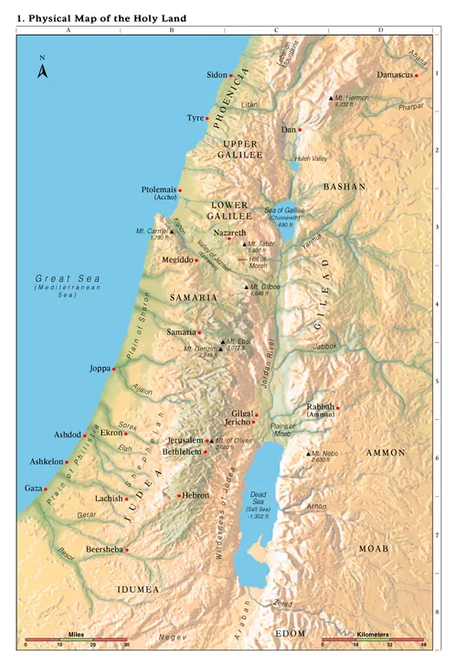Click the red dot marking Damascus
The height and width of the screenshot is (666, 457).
tap(417, 76)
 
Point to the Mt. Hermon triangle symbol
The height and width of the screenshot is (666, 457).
tap(331, 97)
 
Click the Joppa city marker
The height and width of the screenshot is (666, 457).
tap(114, 369)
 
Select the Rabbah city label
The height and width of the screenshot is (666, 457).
tap(320, 408)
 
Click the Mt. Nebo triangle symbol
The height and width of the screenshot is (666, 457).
tap(307, 454)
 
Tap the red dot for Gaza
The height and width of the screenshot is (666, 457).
tap(44, 489)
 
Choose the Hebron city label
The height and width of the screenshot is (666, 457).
tap(196, 495)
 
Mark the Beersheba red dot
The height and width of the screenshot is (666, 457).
tap(126, 550)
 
